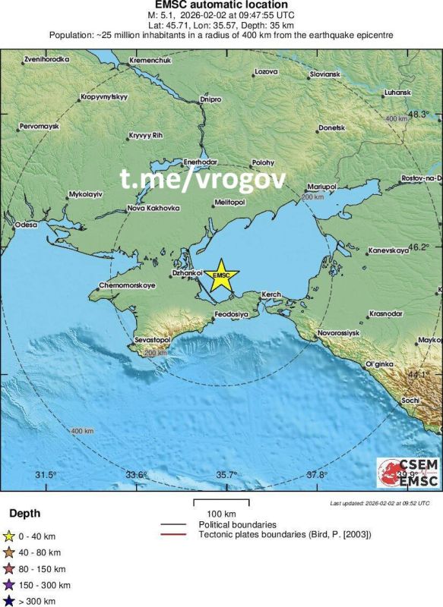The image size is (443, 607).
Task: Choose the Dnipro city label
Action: pos(210,99)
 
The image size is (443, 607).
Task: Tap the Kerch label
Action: pos(271,294)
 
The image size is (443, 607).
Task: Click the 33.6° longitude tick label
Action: pos(137,475)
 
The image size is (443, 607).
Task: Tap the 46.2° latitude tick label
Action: pos(419,247)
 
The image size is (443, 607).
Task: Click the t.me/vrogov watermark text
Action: pos(202,180)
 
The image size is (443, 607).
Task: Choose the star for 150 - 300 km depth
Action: pos(9,585)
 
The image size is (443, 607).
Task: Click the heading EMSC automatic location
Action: pos(220,6)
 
